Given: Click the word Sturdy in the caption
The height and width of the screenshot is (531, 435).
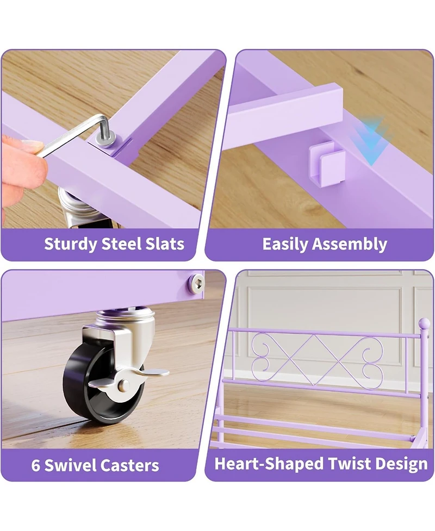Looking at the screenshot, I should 71,243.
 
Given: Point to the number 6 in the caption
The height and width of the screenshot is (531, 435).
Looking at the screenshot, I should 35,465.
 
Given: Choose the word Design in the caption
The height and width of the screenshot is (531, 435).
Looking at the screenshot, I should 401,464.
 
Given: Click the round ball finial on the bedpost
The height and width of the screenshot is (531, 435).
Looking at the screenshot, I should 424,324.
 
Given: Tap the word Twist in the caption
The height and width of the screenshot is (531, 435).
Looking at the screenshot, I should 350,464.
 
